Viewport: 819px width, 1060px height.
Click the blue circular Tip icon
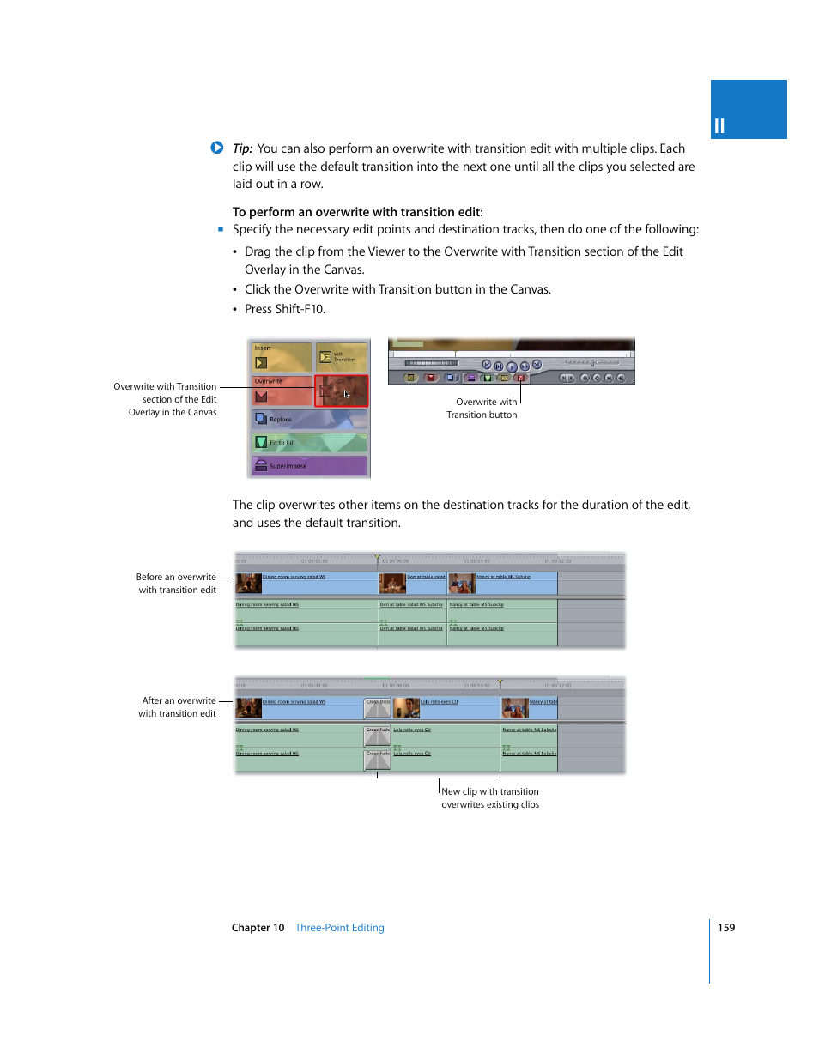point(217,148)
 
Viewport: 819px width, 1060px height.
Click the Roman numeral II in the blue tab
point(719,126)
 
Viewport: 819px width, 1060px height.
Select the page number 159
point(726,928)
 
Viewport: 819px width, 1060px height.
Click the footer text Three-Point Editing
point(339,928)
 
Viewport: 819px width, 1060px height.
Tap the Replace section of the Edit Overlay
point(309,419)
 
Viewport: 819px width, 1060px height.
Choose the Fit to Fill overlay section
point(309,443)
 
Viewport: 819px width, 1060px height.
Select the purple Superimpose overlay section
point(309,466)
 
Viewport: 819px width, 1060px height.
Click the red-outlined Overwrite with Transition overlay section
point(341,391)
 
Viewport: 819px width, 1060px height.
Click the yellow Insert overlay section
point(282,356)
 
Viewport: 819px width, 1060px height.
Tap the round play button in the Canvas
point(512,366)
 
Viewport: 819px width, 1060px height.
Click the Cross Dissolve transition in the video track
point(378,708)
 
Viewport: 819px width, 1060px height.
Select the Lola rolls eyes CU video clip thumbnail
point(406,708)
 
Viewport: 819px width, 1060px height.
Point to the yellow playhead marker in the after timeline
point(500,683)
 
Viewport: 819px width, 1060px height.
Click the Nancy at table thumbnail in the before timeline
point(462,584)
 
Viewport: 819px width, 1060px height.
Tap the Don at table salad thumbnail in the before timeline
point(393,584)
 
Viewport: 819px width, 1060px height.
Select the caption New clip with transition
point(490,792)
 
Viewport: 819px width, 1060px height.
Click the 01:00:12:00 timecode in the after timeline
point(558,686)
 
